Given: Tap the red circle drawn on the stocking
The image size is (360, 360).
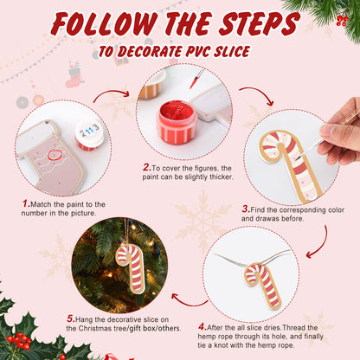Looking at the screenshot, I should [56, 157].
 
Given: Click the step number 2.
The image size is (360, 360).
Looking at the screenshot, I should [146, 167].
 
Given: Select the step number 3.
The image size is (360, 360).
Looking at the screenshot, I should [246, 209].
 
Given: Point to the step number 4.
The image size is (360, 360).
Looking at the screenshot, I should [202, 327].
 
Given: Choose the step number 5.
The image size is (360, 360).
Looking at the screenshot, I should [69, 318].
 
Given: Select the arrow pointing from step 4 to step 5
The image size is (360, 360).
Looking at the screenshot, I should [188, 299].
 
